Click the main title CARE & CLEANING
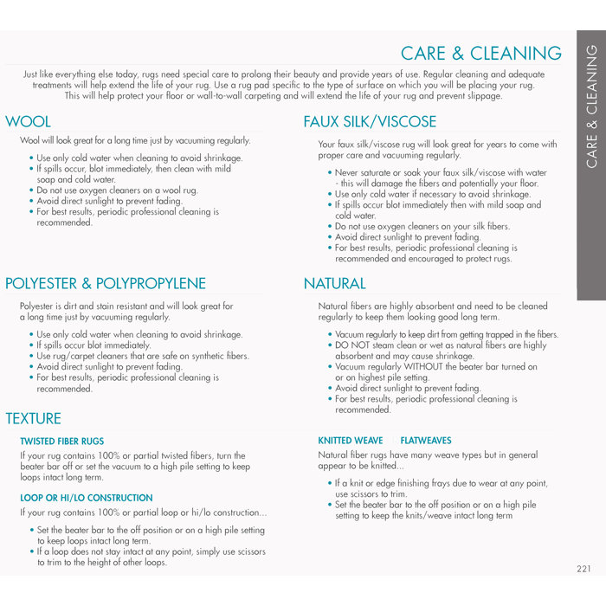(x=481, y=54)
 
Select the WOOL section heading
(x=29, y=121)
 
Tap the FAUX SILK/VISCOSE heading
(x=370, y=121)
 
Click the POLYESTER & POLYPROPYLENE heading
(x=106, y=283)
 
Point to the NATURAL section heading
(x=334, y=283)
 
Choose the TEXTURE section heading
(x=33, y=418)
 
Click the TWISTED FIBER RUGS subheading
(x=61, y=442)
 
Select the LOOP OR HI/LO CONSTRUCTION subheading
(x=87, y=498)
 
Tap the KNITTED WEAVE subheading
(x=349, y=441)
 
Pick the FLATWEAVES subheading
(x=426, y=441)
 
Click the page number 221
(x=583, y=569)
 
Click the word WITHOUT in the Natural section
(x=422, y=366)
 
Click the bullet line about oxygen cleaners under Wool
(x=117, y=190)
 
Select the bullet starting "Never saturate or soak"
(x=442, y=173)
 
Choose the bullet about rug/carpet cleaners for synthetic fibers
(x=143, y=356)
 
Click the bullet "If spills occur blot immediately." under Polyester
(x=93, y=345)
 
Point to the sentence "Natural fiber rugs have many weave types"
(x=428, y=455)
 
